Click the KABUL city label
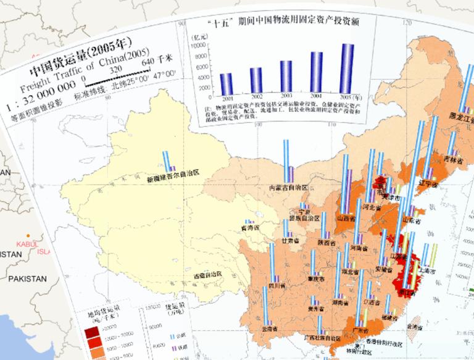coord(28,243)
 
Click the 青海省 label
coord(249,227)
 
